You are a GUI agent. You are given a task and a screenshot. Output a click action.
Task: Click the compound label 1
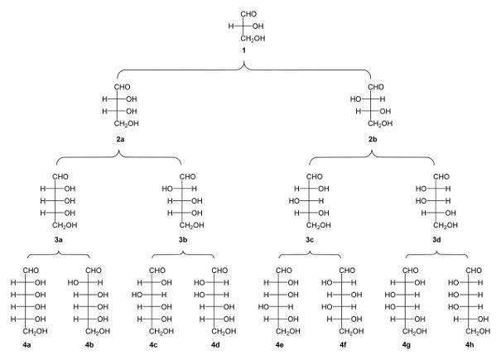(243, 50)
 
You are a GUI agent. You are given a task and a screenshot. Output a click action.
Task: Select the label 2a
(120, 139)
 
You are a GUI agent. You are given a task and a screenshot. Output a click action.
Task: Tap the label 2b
(373, 139)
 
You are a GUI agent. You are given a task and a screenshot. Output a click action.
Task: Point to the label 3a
(58, 239)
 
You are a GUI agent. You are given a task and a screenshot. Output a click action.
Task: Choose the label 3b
(183, 239)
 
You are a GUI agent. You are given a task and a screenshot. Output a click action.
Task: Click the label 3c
(309, 239)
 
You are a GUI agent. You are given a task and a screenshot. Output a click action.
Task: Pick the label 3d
(436, 239)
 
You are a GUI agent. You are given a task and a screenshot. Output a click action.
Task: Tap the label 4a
(26, 345)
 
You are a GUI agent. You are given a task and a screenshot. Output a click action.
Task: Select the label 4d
(215, 345)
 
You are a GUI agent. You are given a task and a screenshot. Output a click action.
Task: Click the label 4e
(279, 345)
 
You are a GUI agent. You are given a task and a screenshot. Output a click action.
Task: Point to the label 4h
(470, 345)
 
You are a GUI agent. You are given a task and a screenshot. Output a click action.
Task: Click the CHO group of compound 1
(248, 14)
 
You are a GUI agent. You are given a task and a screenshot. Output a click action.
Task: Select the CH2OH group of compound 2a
(127, 123)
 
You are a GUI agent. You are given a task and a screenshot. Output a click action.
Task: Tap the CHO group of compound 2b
(376, 87)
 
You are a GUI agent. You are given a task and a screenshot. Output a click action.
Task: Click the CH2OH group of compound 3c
(319, 225)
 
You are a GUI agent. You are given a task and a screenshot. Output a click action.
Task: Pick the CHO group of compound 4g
(410, 271)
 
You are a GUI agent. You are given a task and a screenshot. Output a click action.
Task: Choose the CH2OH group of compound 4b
(98, 331)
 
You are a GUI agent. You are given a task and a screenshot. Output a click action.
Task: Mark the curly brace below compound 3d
(436, 254)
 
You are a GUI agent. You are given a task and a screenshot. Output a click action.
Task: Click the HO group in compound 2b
(355, 99)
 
